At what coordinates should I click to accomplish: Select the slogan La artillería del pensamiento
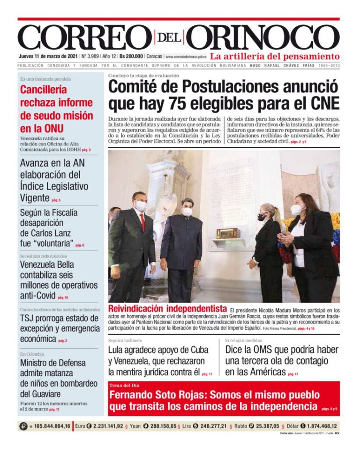click(274, 56)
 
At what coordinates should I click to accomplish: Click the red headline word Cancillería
click(44, 90)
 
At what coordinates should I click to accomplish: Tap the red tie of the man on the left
click(142, 222)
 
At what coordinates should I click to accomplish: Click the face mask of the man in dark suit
click(187, 212)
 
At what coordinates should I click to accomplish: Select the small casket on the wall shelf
click(228, 233)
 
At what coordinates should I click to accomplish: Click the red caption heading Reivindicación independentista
click(167, 309)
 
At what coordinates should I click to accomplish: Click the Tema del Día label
click(122, 385)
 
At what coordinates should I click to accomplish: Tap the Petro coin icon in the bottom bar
click(23, 426)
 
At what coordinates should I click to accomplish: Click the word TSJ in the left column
click(28, 319)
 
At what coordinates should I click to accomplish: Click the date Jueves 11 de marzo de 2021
click(48, 56)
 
